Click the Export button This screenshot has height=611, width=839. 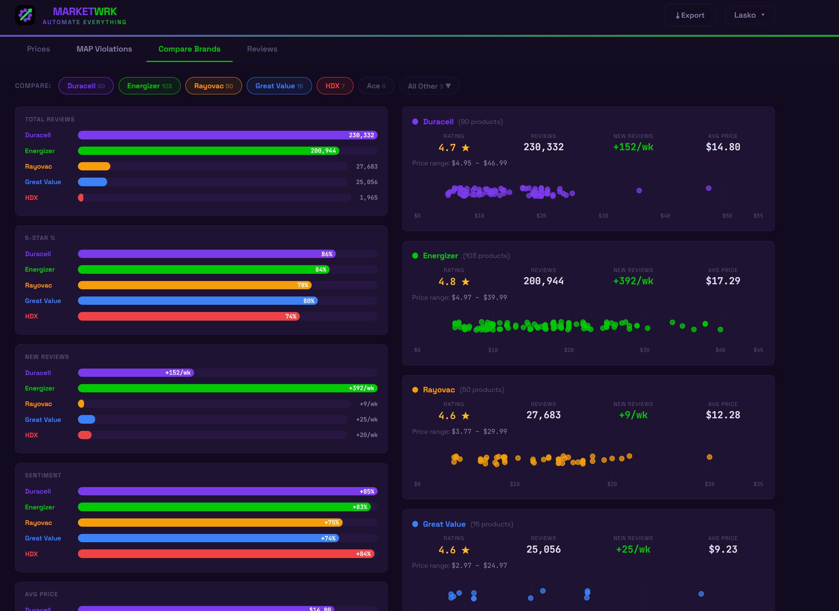[690, 15]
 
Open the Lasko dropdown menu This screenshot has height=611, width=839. [750, 15]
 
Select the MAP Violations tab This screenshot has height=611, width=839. [104, 49]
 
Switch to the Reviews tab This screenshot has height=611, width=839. [262, 49]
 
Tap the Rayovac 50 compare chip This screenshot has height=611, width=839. [213, 86]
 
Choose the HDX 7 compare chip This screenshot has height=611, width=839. [335, 86]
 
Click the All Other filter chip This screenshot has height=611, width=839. [429, 86]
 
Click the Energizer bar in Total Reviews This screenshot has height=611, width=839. [208, 151]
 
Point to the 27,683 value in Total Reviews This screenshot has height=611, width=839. [366, 166]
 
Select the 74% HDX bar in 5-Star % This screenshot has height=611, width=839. [188, 316]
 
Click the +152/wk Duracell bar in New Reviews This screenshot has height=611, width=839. [136, 373]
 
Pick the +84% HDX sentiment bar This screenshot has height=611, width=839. [226, 554]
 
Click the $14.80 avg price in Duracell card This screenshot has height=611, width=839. [723, 147]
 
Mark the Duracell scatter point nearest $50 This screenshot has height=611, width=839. [708, 188]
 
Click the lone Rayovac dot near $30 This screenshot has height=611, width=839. [709, 457]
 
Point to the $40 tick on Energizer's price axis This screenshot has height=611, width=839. [720, 350]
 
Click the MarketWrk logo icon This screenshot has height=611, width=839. [25, 15]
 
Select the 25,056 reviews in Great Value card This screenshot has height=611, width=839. [543, 549]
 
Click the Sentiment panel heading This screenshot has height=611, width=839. [43, 475]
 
